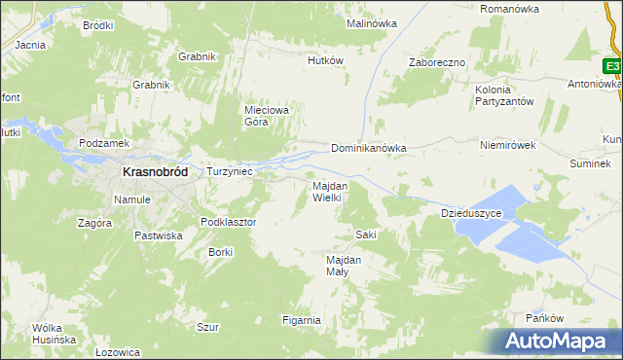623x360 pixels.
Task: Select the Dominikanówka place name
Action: pyautogui.click(x=368, y=149)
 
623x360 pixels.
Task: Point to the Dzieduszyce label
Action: pyautogui.click(x=471, y=212)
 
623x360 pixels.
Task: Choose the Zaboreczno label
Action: pyautogui.click(x=437, y=61)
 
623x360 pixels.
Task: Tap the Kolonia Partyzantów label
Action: pyautogui.click(x=502, y=95)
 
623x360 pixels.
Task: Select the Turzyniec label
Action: pyautogui.click(x=230, y=171)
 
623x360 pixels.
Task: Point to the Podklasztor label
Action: pyautogui.click(x=228, y=222)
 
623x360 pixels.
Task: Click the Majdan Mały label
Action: pyautogui.click(x=344, y=266)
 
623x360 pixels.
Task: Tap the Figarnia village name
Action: pyautogui.click(x=301, y=320)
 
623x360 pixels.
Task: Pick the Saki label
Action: pyautogui.click(x=366, y=234)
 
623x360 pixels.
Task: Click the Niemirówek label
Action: pyautogui.click(x=508, y=145)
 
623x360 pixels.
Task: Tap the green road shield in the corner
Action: pyautogui.click(x=612, y=66)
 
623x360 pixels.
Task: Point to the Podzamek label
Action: pyautogui.click(x=104, y=142)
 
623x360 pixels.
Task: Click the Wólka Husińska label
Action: pyautogui.click(x=54, y=333)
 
